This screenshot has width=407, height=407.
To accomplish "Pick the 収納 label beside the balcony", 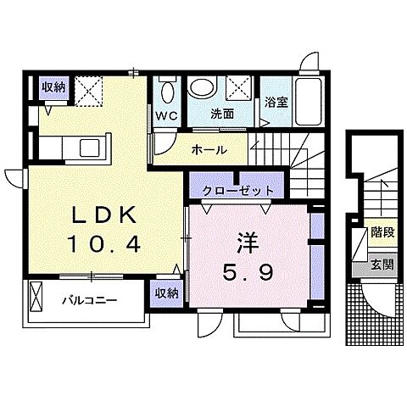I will tap(166, 293).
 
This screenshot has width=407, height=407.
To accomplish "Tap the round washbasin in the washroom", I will tap(202, 86).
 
